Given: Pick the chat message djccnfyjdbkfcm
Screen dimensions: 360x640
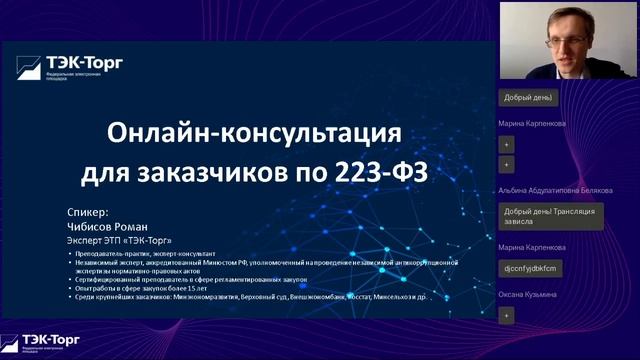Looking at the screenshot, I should point(530,268).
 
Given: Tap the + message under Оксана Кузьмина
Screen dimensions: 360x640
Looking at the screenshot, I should point(506,315).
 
